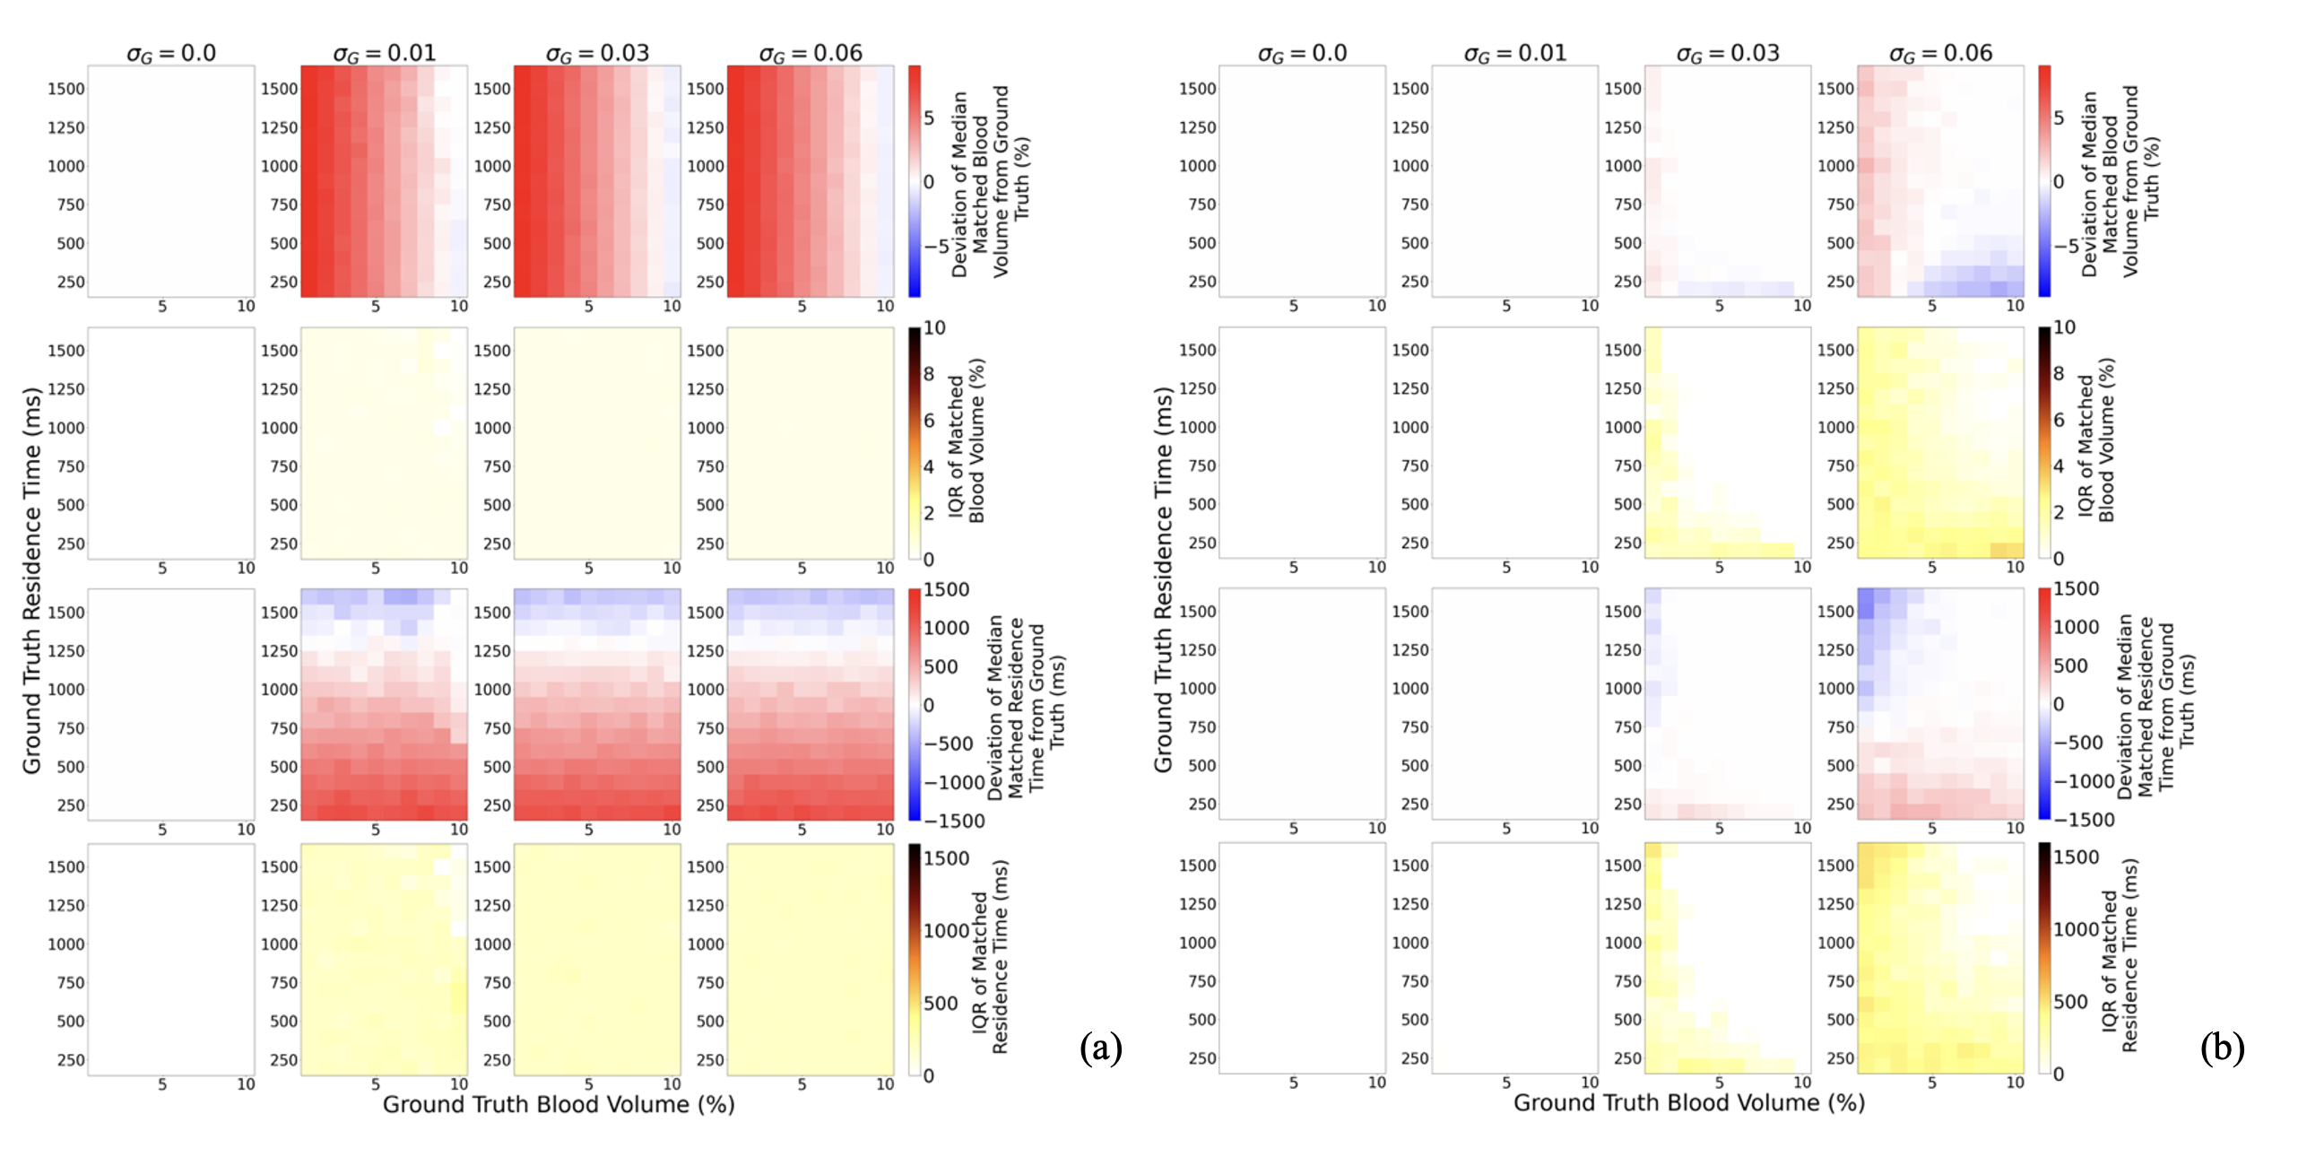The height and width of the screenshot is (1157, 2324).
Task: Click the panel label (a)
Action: [1101, 1048]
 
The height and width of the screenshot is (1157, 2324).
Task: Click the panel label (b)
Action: [2221, 1048]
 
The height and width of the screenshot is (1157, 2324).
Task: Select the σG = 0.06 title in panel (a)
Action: [811, 53]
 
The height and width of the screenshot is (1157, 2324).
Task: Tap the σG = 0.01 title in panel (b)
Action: [1514, 53]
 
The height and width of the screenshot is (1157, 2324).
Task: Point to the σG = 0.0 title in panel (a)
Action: [170, 53]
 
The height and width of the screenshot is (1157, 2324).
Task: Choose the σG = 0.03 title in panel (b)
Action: [1728, 53]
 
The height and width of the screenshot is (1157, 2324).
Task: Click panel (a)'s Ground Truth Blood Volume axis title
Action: [559, 1105]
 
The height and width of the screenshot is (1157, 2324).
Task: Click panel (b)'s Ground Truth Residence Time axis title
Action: [1163, 579]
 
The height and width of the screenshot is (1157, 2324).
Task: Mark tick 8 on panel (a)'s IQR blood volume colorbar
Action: [928, 375]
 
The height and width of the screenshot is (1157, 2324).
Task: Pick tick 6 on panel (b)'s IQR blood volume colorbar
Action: [2059, 420]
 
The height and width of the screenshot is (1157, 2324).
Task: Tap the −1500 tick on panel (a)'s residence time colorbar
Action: [953, 822]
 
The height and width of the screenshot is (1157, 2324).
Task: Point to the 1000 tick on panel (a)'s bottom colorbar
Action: [946, 930]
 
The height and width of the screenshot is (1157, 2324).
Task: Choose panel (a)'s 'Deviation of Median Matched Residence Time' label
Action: [1026, 706]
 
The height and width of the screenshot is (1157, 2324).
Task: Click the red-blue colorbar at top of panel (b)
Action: [2044, 180]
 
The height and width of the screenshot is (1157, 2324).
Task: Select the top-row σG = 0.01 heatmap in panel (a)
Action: [385, 180]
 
